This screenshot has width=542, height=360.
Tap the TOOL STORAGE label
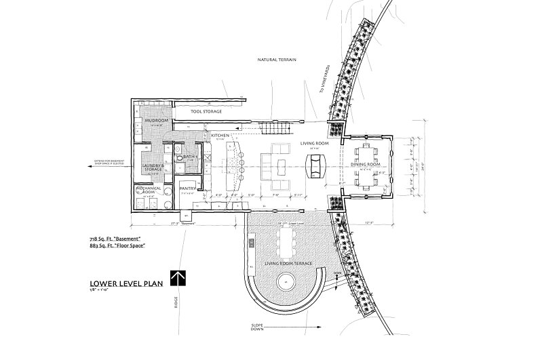point(206,111)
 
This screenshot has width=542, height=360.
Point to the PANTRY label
point(188,188)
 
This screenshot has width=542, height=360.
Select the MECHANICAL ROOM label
point(149,191)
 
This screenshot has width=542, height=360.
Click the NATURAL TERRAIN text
point(279,60)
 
